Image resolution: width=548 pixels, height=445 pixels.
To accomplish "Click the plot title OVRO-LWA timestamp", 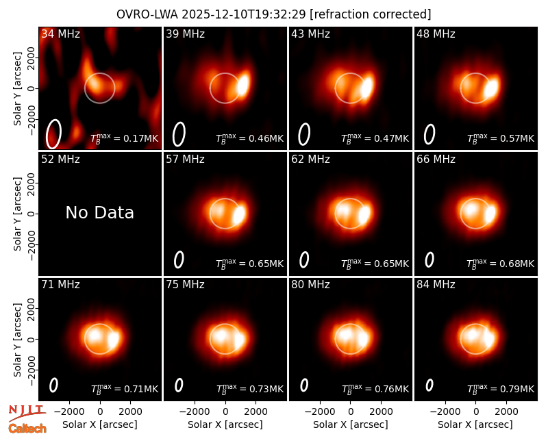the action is pyautogui.click(x=273, y=14).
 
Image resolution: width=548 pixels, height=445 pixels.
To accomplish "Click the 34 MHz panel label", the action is pyautogui.click(x=60, y=34).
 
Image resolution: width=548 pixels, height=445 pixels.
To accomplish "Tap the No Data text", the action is pyautogui.click(x=99, y=212).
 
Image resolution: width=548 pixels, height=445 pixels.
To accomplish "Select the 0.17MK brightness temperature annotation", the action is pyautogui.click(x=125, y=138).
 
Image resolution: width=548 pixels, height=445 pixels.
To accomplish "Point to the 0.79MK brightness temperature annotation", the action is pyautogui.click(x=501, y=389).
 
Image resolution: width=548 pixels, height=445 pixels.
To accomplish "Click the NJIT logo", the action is pyautogui.click(x=27, y=413).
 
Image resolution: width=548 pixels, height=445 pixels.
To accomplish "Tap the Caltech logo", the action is pyautogui.click(x=27, y=429).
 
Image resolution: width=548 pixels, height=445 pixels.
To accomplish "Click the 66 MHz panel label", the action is pyautogui.click(x=436, y=160).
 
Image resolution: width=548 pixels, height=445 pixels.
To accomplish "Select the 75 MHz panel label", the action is pyautogui.click(x=185, y=285).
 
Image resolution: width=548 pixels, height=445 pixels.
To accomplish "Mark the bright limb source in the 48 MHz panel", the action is pyautogui.click(x=491, y=88).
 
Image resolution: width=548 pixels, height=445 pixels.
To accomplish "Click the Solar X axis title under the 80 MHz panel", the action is pyautogui.click(x=351, y=424).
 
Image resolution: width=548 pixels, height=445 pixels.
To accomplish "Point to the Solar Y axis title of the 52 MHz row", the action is pyautogui.click(x=17, y=214).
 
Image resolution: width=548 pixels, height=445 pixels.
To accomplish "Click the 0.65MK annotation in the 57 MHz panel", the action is pyautogui.click(x=249, y=264).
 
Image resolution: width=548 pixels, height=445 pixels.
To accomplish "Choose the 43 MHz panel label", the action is pyautogui.click(x=310, y=34).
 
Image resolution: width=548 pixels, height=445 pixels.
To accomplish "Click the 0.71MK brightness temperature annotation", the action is pyautogui.click(x=125, y=389).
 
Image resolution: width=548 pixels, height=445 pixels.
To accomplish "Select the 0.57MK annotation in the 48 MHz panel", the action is pyautogui.click(x=501, y=138).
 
